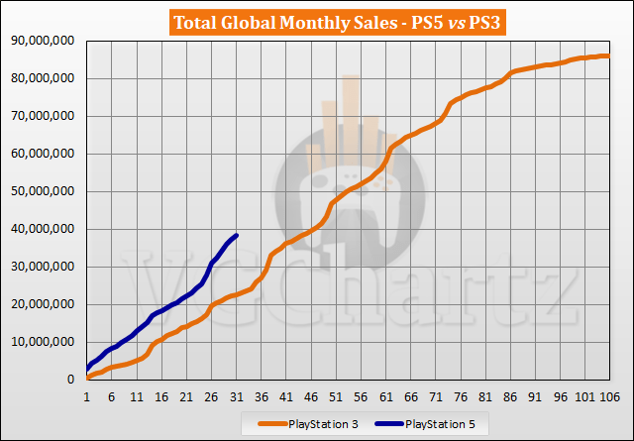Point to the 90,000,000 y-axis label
pos(41,41)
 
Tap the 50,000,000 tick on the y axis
pos(41,191)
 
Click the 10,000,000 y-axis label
pos(41,342)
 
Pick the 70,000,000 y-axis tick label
pos(41,116)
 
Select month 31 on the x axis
pos(236,395)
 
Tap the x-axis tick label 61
pos(384,395)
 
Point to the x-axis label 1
pos(87,395)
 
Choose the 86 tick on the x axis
pos(508,395)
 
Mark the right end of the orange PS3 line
pos(607,55)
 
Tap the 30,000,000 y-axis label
pos(41,267)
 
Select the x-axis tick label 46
pos(310,395)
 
